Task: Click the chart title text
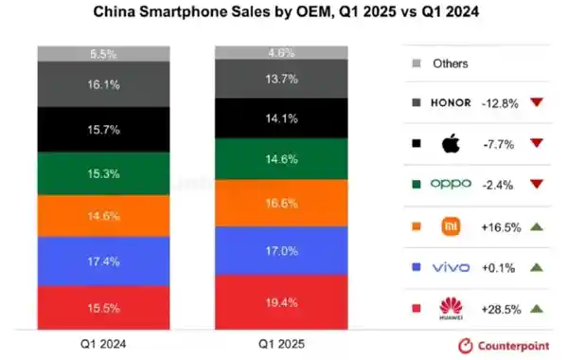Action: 283,14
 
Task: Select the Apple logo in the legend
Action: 450,143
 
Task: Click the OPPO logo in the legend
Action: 450,184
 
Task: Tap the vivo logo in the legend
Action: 450,267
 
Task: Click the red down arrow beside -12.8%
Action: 537,102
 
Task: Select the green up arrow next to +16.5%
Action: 537,226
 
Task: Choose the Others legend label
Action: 450,63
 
